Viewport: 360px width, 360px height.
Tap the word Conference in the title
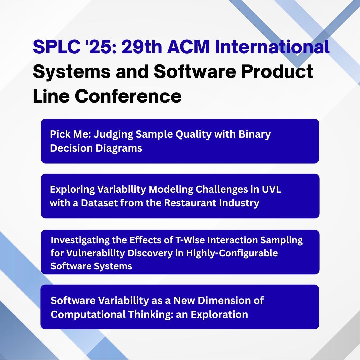pos(128,97)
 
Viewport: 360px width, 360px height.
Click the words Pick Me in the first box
pos(69,134)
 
